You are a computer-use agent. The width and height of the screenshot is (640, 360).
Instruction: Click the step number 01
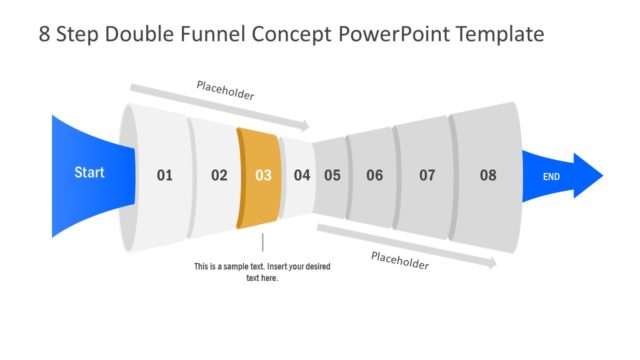(x=165, y=176)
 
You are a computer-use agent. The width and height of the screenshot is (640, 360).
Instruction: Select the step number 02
(x=219, y=176)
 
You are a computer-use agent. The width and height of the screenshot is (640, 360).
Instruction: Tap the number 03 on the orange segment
(x=263, y=176)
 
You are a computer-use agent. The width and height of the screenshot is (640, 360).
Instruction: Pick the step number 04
(x=302, y=176)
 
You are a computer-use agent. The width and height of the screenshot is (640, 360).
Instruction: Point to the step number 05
(x=332, y=176)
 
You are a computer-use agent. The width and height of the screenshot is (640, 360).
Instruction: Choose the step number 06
(x=374, y=176)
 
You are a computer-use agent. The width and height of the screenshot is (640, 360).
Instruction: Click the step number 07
(x=427, y=176)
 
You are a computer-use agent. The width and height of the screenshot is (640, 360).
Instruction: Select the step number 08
(x=487, y=176)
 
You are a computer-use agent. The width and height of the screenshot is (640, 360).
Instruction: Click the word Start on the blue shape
(x=89, y=173)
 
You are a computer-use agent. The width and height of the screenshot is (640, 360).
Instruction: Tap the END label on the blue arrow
(x=551, y=177)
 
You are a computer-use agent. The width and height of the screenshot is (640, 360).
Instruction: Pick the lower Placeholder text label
(x=400, y=262)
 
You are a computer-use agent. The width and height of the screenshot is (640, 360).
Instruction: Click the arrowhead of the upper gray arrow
(x=304, y=126)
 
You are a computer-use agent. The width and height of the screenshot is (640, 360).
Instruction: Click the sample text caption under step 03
(x=262, y=272)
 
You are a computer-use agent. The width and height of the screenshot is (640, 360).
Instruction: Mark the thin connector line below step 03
(x=262, y=243)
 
